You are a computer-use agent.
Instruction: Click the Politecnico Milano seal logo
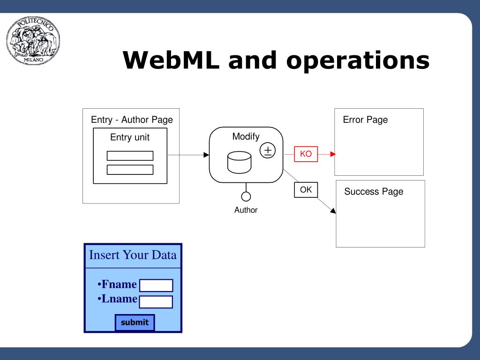pos(33,40)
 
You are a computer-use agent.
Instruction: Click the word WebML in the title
pos(171,60)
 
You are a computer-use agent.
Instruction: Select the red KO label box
pos(306,154)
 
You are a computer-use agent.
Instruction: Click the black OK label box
pos(306,190)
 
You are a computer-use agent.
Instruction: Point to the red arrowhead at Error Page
pos(333,154)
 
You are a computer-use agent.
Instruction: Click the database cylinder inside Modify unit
pos(240,162)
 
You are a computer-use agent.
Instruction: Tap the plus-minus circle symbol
pos(268,150)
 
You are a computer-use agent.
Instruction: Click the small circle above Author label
pos(246,196)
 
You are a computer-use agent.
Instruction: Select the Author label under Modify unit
pos(246,210)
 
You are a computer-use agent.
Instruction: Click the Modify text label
pos(246,136)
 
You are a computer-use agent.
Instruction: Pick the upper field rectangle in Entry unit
pos(130,156)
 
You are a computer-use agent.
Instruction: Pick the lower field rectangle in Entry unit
pos(130,170)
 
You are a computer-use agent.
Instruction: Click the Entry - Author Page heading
pos(132,120)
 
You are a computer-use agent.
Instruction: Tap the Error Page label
pos(365,120)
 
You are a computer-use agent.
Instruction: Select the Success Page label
pos(374,192)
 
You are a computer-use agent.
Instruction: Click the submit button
pos(135,322)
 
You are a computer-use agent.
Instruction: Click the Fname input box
pos(156,285)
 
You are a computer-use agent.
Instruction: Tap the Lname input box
pos(156,302)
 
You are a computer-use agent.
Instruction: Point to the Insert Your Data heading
pos(133,255)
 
